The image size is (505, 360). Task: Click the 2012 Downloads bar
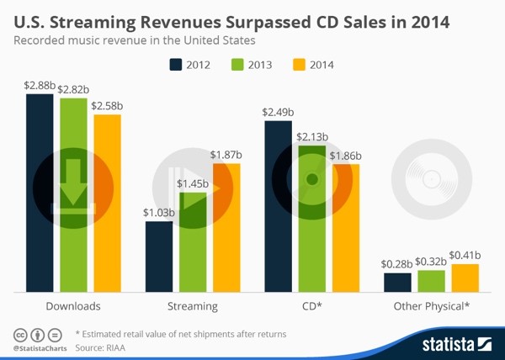pos(40,193)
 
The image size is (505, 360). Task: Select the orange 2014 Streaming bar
pos(226,227)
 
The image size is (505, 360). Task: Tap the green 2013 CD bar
pos(311,219)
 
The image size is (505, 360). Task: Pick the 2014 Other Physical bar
pos(465,278)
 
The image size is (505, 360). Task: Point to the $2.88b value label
pos(40,85)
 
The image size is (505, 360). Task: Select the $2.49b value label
pos(278,112)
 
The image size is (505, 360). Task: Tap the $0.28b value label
pos(397,265)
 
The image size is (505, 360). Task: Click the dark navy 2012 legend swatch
pos(177,64)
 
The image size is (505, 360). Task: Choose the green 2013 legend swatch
pos(237,64)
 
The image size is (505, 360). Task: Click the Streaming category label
pos(193,306)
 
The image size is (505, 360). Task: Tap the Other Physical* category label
pos(431,306)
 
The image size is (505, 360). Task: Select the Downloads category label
pos(74,306)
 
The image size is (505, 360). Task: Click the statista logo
pos(454,343)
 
